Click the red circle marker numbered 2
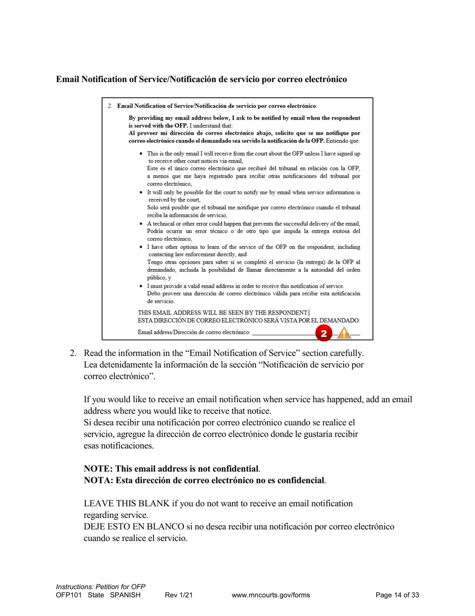323,333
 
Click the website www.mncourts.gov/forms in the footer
271,595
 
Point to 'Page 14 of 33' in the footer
397,595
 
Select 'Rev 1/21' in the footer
178,595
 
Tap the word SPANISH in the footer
124,595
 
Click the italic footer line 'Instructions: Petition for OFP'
100,586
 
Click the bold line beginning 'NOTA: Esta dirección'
204,481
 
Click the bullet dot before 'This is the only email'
142,154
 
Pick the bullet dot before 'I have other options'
142,247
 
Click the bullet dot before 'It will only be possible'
142,192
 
